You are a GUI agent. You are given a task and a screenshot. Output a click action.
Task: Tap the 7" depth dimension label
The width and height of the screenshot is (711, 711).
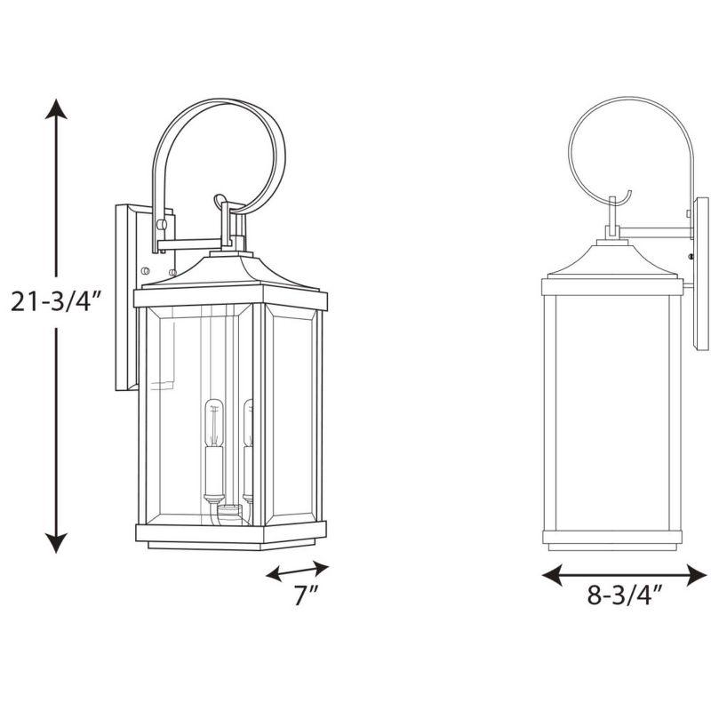pyautogui.click(x=305, y=596)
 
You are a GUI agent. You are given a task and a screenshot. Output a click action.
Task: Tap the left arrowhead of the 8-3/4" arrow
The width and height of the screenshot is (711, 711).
pyautogui.click(x=548, y=575)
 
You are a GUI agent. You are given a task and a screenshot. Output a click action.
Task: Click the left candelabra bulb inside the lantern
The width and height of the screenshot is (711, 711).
pyautogui.click(x=212, y=423)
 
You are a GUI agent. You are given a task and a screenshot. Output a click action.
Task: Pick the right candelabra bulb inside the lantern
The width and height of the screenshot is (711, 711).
pyautogui.click(x=248, y=423)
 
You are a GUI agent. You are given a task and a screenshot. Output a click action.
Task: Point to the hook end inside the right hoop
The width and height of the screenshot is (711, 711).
pyautogui.click(x=627, y=198)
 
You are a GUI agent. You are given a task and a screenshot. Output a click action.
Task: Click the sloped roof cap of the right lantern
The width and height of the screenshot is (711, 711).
pyautogui.click(x=610, y=259)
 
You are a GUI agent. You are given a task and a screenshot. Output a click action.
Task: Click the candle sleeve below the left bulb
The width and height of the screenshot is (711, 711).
pyautogui.click(x=212, y=471)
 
